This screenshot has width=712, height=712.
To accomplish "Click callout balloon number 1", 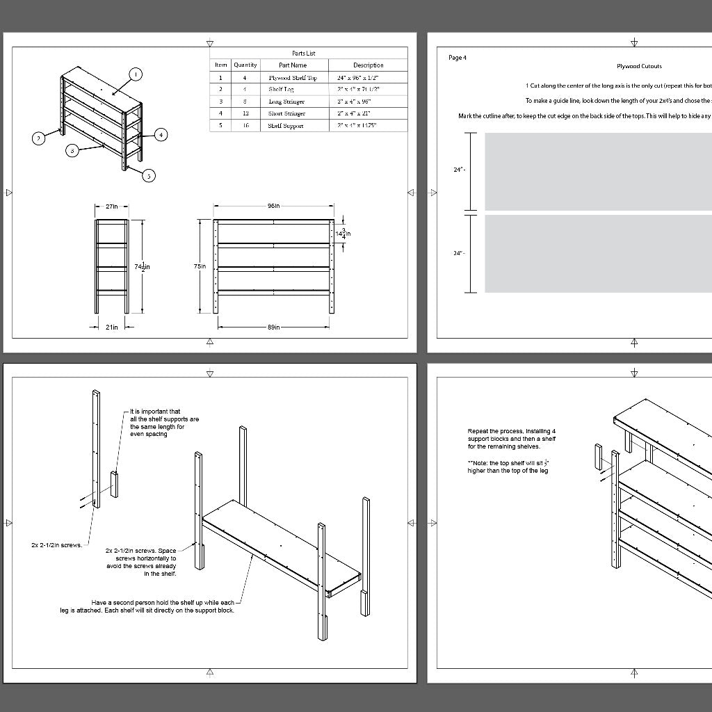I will (x=136, y=74).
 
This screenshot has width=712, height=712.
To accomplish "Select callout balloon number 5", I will (x=149, y=176).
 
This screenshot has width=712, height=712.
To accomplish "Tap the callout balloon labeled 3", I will (x=72, y=150).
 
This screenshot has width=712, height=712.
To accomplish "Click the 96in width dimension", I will (x=273, y=206).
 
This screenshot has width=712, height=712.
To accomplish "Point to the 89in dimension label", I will (x=273, y=327).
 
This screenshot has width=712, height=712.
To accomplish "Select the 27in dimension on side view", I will (x=111, y=207).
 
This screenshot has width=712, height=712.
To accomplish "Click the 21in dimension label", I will (x=111, y=327).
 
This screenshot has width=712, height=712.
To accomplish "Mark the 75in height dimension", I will (x=200, y=266).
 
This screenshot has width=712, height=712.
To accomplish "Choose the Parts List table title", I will (x=303, y=54).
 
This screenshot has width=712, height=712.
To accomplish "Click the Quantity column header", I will (x=245, y=65).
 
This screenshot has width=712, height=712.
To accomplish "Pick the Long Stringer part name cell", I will (x=286, y=102).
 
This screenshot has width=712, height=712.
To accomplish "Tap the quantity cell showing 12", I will (x=245, y=113).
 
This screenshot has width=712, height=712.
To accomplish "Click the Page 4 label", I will (x=458, y=58).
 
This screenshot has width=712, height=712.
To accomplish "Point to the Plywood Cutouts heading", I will (x=639, y=67).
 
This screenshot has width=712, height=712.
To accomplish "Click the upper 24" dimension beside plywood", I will (x=458, y=170).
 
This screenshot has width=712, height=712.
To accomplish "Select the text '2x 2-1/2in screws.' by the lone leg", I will (x=56, y=545).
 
